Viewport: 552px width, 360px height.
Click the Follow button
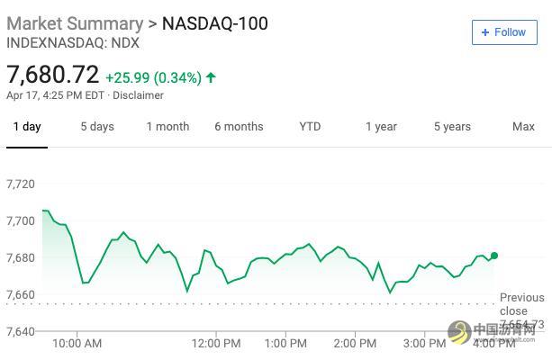click(x=503, y=32)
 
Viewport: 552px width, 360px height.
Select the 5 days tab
click(x=97, y=127)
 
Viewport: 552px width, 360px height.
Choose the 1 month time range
click(x=167, y=127)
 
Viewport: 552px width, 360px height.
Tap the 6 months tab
click(x=239, y=127)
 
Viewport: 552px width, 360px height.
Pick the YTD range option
click(x=310, y=127)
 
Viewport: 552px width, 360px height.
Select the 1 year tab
click(x=381, y=127)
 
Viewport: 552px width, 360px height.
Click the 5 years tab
click(x=452, y=127)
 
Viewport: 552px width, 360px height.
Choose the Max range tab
click(x=523, y=127)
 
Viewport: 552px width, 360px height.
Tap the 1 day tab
click(x=27, y=127)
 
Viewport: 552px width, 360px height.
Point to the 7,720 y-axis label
click(x=21, y=184)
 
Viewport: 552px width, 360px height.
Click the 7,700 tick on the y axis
click(x=21, y=220)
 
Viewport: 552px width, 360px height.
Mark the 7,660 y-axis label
click(x=21, y=294)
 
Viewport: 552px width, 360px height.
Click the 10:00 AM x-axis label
click(x=77, y=343)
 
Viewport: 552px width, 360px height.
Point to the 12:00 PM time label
click(x=216, y=343)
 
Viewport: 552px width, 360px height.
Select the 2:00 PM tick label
click(x=355, y=343)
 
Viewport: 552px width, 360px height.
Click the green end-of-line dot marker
click(x=494, y=256)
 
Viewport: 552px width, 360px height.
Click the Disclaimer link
click(x=139, y=95)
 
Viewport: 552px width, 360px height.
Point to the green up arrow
click(x=211, y=77)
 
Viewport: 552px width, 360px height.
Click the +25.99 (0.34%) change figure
click(x=153, y=77)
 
